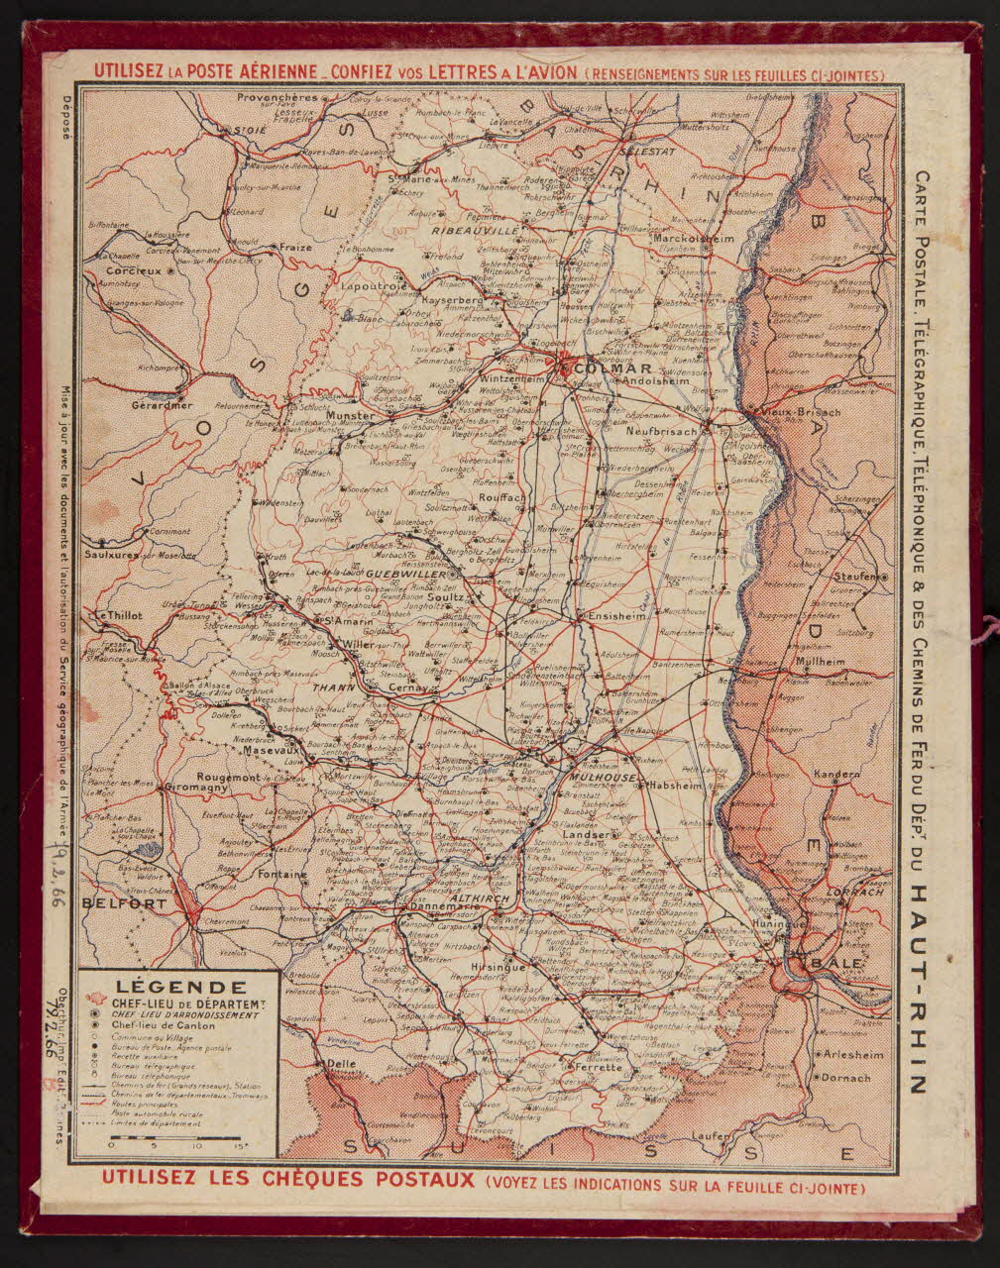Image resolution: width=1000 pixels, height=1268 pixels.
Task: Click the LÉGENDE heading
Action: [x=181, y=987]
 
